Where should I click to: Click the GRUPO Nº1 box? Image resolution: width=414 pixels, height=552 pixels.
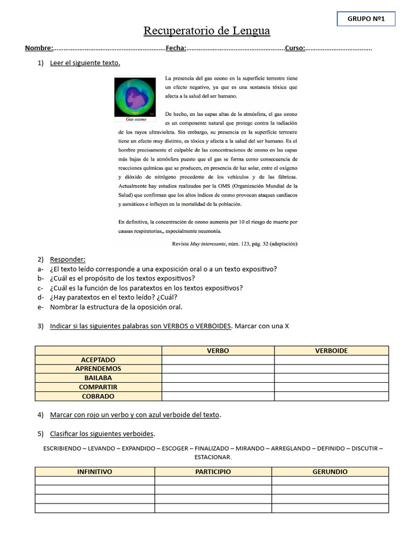(365, 19)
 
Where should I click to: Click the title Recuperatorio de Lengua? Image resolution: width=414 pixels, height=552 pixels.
(206, 31)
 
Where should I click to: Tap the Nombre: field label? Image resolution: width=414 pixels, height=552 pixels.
(39, 49)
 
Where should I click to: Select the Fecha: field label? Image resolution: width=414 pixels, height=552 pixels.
(176, 49)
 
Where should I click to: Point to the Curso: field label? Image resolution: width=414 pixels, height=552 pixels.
(295, 49)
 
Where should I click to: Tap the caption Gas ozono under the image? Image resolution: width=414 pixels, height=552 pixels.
(135, 119)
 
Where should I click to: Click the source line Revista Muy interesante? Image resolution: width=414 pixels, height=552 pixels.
(234, 244)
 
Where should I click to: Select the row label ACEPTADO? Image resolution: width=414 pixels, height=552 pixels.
(98, 360)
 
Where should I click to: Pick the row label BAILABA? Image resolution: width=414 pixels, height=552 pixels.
(98, 378)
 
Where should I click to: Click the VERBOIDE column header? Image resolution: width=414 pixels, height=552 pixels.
(331, 350)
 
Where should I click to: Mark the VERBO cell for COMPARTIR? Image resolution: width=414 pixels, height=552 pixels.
(218, 387)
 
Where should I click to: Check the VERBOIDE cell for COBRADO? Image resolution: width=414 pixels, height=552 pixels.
(331, 396)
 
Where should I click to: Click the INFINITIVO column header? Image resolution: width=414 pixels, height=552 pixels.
(95, 472)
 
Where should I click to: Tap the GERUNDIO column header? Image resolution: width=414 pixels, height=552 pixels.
(330, 472)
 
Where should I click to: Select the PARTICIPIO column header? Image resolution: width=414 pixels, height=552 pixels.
(213, 472)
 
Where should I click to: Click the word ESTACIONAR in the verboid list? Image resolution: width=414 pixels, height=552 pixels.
(212, 457)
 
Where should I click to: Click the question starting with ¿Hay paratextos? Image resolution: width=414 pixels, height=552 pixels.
(113, 297)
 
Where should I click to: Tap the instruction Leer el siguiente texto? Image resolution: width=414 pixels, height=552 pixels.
(85, 63)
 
